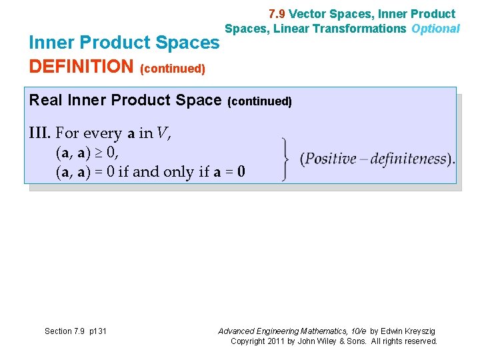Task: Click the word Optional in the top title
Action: click(436, 29)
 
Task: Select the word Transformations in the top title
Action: click(361, 29)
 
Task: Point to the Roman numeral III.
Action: click(40, 133)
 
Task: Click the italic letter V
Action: click(162, 133)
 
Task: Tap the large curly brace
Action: click(285, 159)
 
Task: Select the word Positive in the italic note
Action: click(330, 159)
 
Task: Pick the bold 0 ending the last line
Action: click(241, 172)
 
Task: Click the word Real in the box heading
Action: click(45, 100)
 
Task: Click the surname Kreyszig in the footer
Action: click(417, 331)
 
